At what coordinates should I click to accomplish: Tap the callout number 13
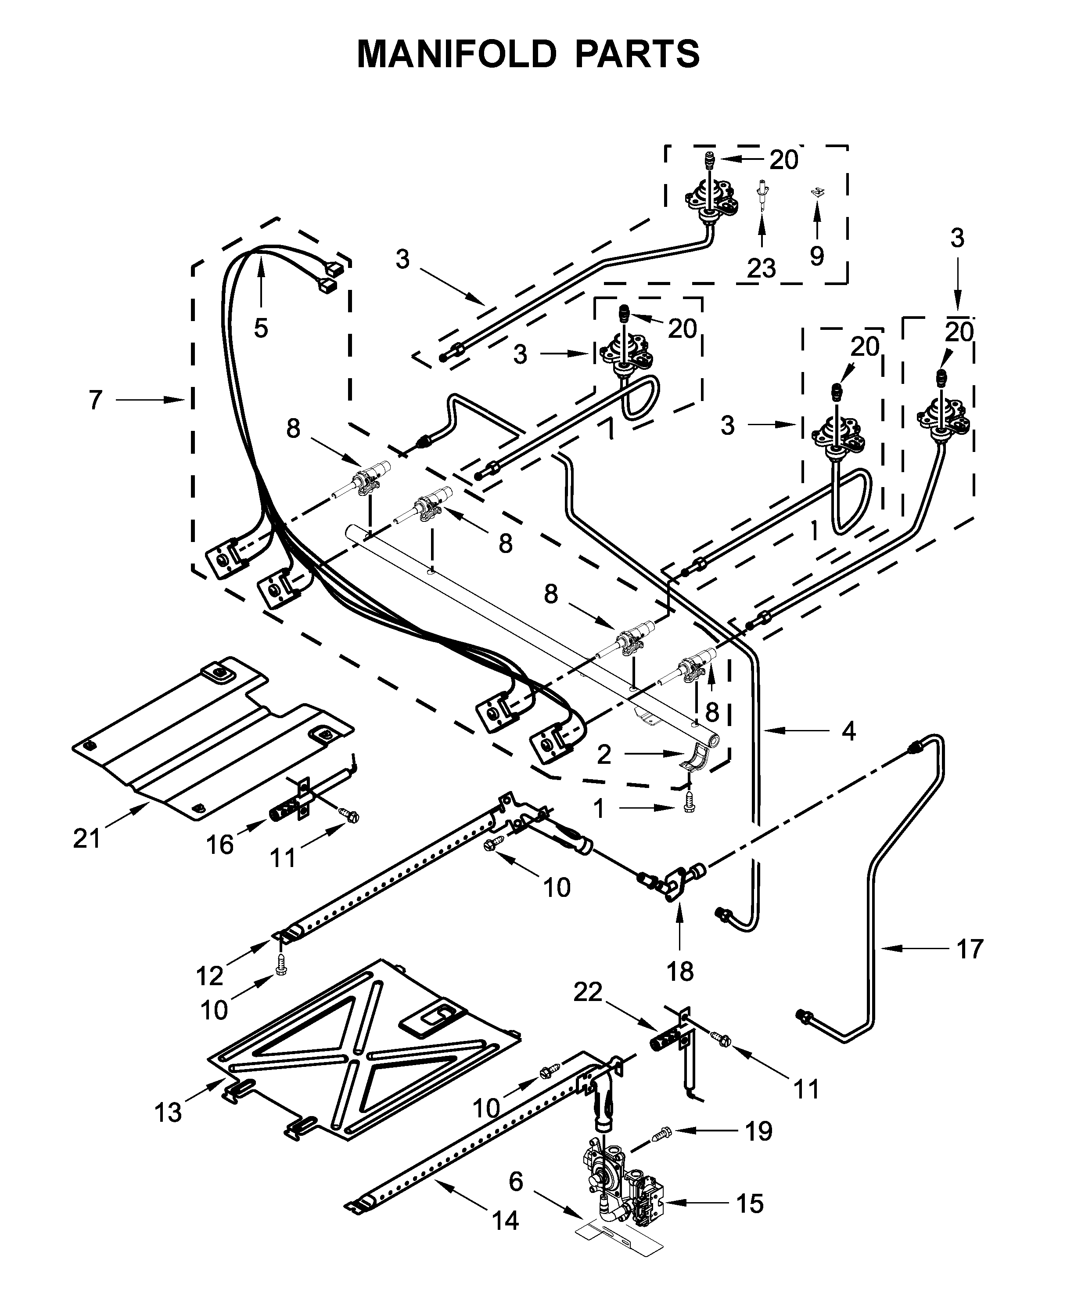tap(168, 1113)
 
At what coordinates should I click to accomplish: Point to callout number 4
tap(848, 731)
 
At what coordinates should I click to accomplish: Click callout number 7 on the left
tap(95, 401)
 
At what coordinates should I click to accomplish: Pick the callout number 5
tap(261, 329)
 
